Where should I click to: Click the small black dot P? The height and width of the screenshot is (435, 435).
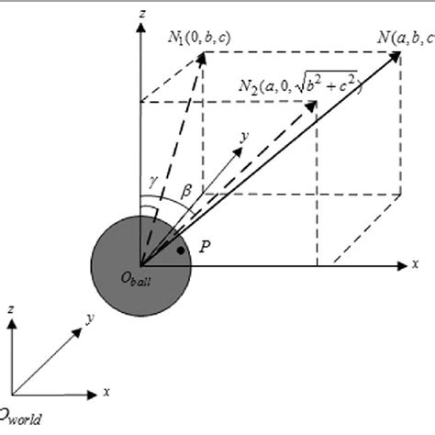click(184, 251)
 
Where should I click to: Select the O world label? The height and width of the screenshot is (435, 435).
click(20, 418)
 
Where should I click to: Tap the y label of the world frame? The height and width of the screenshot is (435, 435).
click(90, 318)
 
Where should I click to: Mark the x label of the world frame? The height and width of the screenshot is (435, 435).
click(106, 392)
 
